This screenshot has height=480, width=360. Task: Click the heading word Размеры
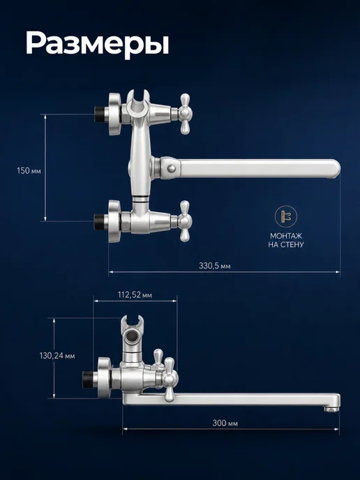(98, 43)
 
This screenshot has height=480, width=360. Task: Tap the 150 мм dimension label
(29, 170)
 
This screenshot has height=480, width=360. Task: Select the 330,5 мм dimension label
(215, 266)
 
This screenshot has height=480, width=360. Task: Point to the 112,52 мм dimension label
(135, 295)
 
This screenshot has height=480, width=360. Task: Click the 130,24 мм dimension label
(57, 356)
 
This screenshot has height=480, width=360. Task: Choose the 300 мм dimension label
(225, 423)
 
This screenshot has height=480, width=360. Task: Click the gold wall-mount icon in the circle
(285, 216)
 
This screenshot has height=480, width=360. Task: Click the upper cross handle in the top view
(185, 114)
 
